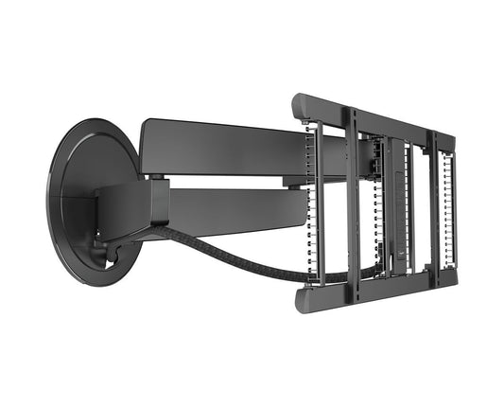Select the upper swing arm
click(x=227, y=147)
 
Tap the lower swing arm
click(x=236, y=210)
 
